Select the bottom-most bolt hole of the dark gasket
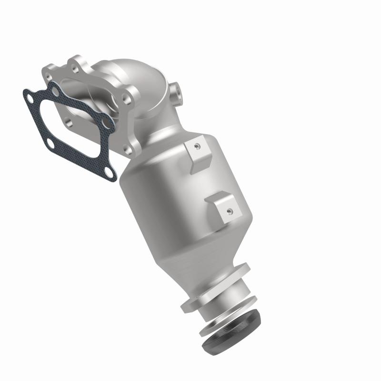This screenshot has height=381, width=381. point(110,171)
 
